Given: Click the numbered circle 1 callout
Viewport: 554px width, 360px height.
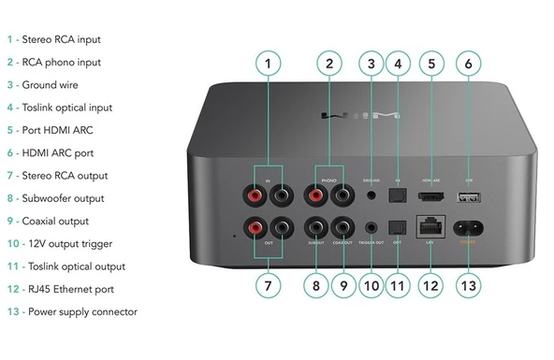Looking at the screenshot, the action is (268, 64).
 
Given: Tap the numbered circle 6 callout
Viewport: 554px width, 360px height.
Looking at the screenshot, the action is (469, 64).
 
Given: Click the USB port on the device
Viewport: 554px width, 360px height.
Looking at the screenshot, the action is (468, 197).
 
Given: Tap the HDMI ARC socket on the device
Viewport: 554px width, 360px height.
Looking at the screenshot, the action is (431, 197).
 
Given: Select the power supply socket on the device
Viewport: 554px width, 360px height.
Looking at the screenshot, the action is (468, 225).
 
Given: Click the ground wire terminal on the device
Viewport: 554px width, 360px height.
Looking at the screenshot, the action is (372, 195).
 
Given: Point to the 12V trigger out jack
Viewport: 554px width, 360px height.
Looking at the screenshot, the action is (373, 227).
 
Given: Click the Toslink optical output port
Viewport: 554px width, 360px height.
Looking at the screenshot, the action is (398, 227).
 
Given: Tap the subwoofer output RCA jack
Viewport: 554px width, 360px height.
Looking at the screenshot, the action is (314, 227).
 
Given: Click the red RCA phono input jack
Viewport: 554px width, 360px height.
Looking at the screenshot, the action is (315, 195).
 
